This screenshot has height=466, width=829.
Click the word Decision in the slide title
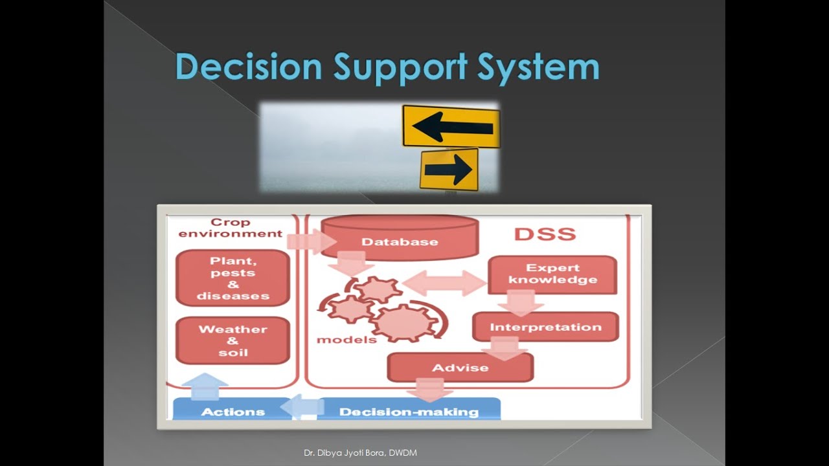click(249, 67)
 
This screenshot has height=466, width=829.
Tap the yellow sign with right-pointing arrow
click(449, 170)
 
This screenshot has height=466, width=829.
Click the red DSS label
click(545, 234)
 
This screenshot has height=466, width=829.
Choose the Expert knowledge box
click(552, 274)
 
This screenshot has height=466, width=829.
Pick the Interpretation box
click(545, 327)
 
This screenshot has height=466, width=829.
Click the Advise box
click(460, 368)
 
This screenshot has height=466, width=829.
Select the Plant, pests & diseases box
click(233, 278)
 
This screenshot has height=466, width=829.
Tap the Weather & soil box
click(233, 340)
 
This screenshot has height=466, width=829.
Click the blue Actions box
click(233, 411)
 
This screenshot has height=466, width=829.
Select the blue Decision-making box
click(409, 411)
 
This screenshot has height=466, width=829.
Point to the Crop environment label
click(231, 228)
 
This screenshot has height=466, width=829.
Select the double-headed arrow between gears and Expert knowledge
click(444, 283)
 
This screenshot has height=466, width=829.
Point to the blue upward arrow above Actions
click(205, 386)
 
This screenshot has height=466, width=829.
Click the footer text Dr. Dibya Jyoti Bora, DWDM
click(360, 453)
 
